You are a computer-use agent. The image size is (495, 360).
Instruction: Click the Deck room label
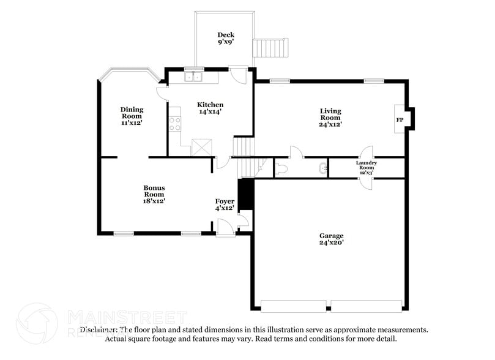[226, 39]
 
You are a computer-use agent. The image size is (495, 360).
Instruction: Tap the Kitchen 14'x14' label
[210, 108]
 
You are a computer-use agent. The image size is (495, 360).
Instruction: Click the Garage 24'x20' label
[331, 239]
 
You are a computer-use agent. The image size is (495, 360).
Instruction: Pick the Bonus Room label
[154, 194]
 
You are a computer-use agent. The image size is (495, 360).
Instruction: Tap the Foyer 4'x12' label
[225, 204]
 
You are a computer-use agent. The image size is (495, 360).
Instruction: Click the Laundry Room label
[367, 168]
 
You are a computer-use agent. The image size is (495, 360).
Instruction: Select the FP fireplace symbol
[400, 120]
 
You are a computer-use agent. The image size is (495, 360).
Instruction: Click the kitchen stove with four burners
[175, 120]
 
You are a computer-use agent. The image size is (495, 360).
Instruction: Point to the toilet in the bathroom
[281, 168]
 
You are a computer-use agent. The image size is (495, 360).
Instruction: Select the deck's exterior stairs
[270, 47]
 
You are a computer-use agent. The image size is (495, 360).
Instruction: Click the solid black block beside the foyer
[245, 195]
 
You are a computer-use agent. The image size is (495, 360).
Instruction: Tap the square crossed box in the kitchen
[201, 148]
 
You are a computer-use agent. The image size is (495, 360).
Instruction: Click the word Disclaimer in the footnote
[100, 329]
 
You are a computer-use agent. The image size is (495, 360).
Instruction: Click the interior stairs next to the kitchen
[244, 147]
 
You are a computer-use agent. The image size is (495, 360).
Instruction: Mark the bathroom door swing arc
[296, 151]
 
